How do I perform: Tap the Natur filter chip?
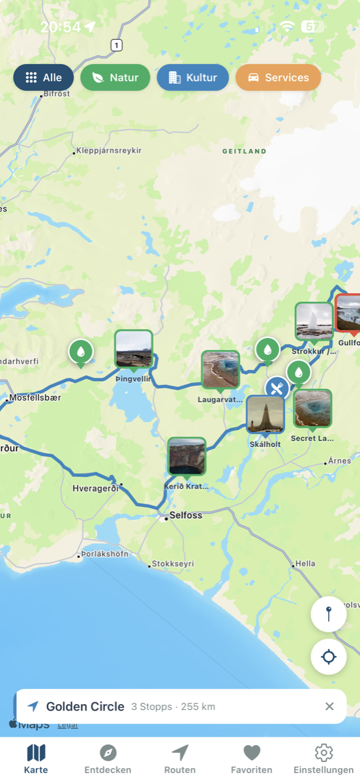(115, 78)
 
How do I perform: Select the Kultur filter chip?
(192, 78)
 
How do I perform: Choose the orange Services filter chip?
(278, 78)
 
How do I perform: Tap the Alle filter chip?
(44, 78)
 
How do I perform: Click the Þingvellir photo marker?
(134, 349)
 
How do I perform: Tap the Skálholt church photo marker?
(265, 414)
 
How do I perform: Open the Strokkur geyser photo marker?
(314, 321)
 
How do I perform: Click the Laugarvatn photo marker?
(220, 370)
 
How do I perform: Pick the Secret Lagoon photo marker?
(312, 408)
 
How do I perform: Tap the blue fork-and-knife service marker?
(277, 389)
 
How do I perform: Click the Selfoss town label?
(185, 515)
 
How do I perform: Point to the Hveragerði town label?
(95, 489)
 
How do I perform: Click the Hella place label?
(305, 563)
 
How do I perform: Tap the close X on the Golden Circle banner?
(329, 706)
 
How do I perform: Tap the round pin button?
(328, 614)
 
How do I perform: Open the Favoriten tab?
(252, 759)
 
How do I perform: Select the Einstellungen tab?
(323, 759)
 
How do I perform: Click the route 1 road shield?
(116, 45)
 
